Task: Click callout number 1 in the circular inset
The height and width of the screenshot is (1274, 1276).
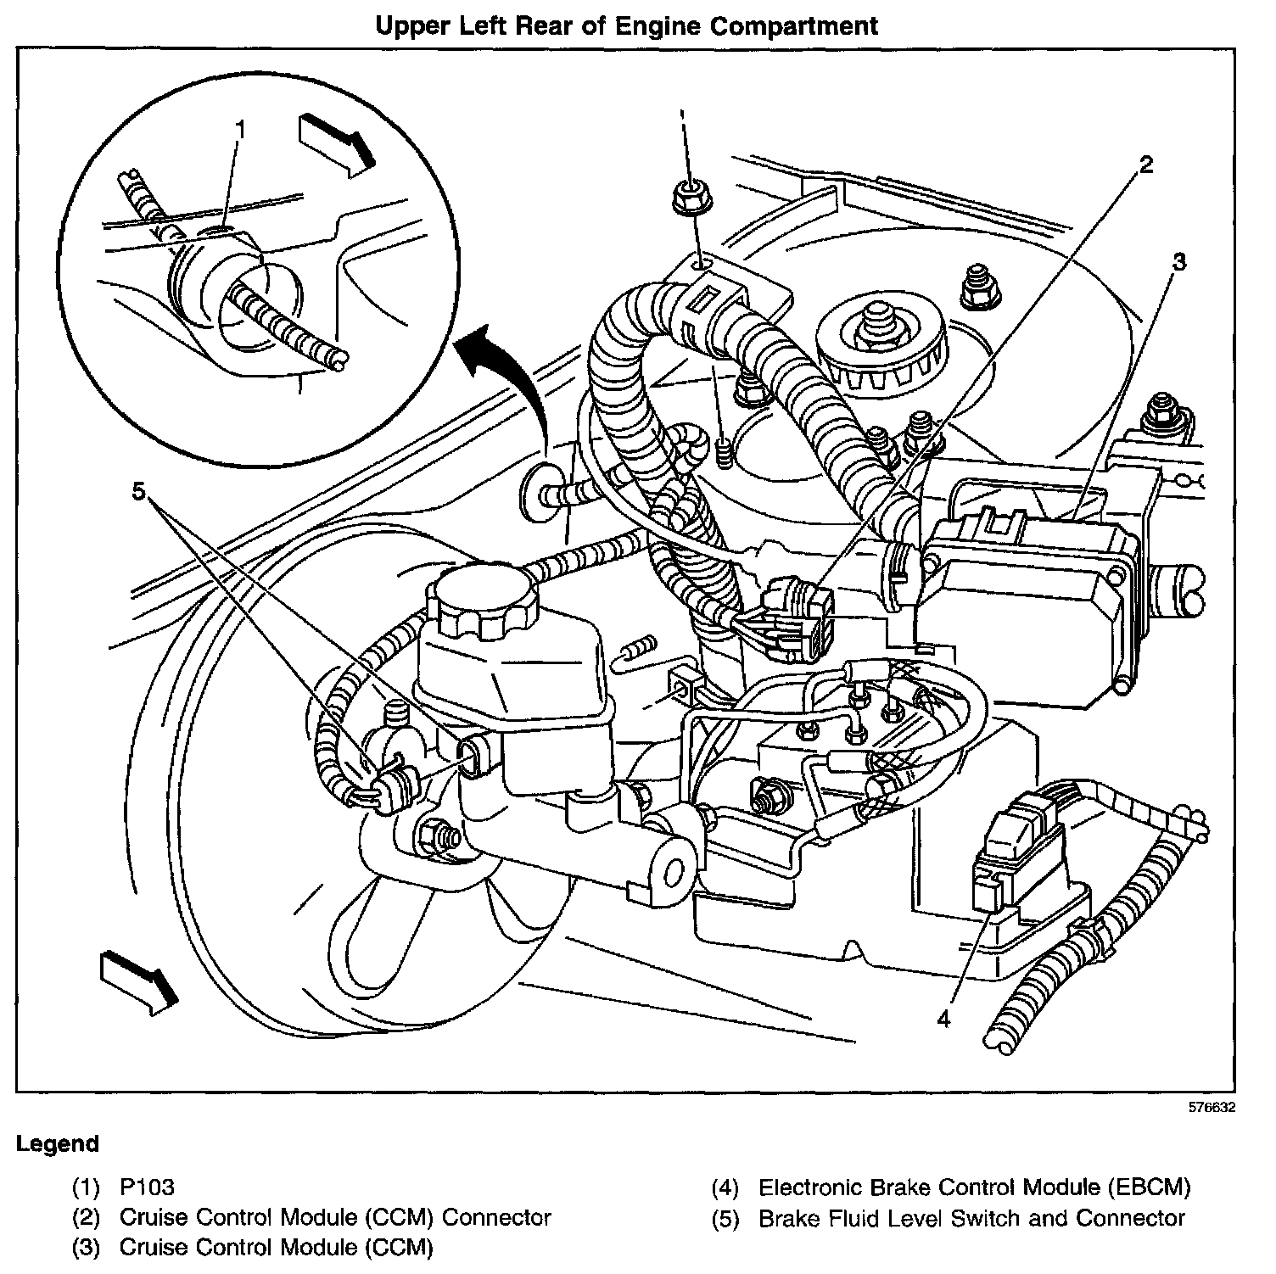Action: pos(241,130)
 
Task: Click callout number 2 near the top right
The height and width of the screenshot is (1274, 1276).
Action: pos(1145,165)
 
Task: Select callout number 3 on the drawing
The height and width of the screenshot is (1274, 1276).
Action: pos(1178,261)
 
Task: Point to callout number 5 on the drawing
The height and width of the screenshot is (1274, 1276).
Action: pos(139,489)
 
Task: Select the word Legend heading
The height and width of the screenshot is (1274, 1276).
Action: pos(58,1144)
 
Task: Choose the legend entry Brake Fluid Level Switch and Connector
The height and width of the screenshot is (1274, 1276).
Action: pos(971,1219)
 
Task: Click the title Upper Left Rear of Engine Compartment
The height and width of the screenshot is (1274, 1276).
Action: pos(627,26)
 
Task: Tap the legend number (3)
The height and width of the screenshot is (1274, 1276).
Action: pos(87,1249)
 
